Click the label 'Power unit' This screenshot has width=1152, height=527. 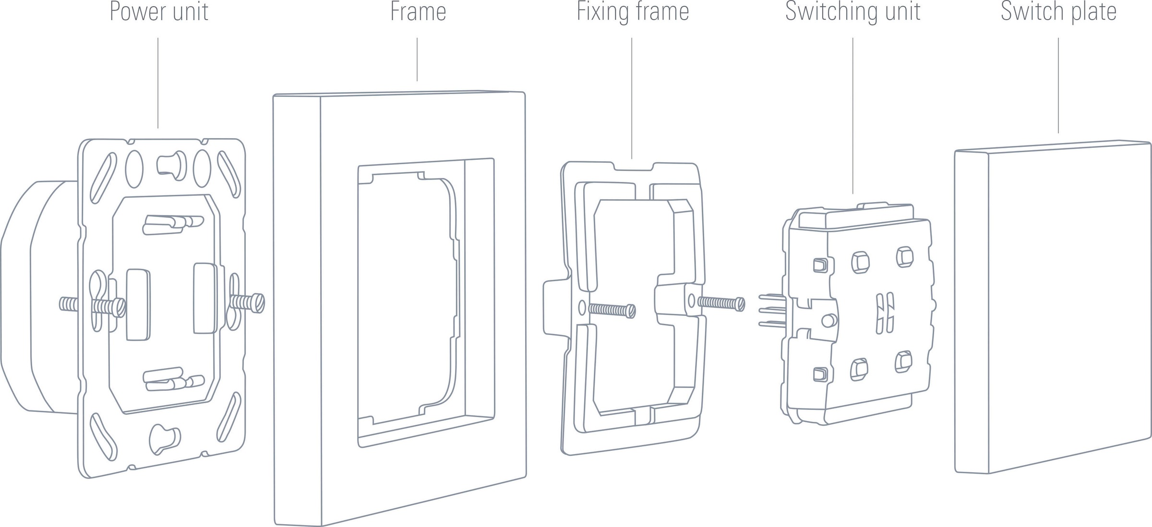coord(159,12)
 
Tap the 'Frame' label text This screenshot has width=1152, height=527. coord(418,12)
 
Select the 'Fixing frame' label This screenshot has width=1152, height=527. coord(633,12)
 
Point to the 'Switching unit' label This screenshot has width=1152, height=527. coord(852,12)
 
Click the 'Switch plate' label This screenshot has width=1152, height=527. coord(1058,12)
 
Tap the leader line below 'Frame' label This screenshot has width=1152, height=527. coord(417,60)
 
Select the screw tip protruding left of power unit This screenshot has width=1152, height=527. coord(68,304)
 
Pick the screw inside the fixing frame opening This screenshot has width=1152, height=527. coord(612,310)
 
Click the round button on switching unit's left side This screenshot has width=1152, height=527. coord(828,321)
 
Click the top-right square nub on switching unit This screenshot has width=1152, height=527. coord(904,257)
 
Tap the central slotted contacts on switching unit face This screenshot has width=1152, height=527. coord(885,313)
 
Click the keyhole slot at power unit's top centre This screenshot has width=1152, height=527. coord(171,165)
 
